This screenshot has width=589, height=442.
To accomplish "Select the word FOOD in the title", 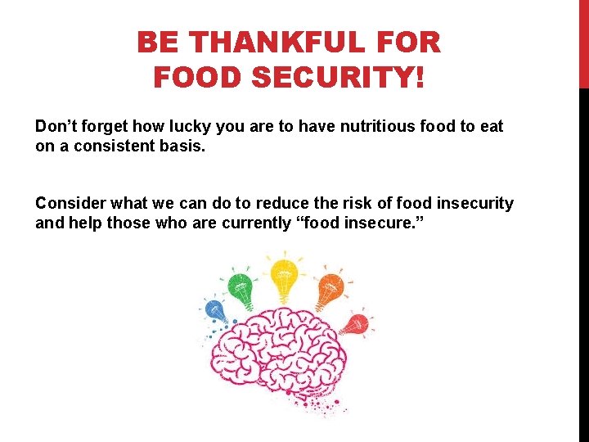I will [197, 78].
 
